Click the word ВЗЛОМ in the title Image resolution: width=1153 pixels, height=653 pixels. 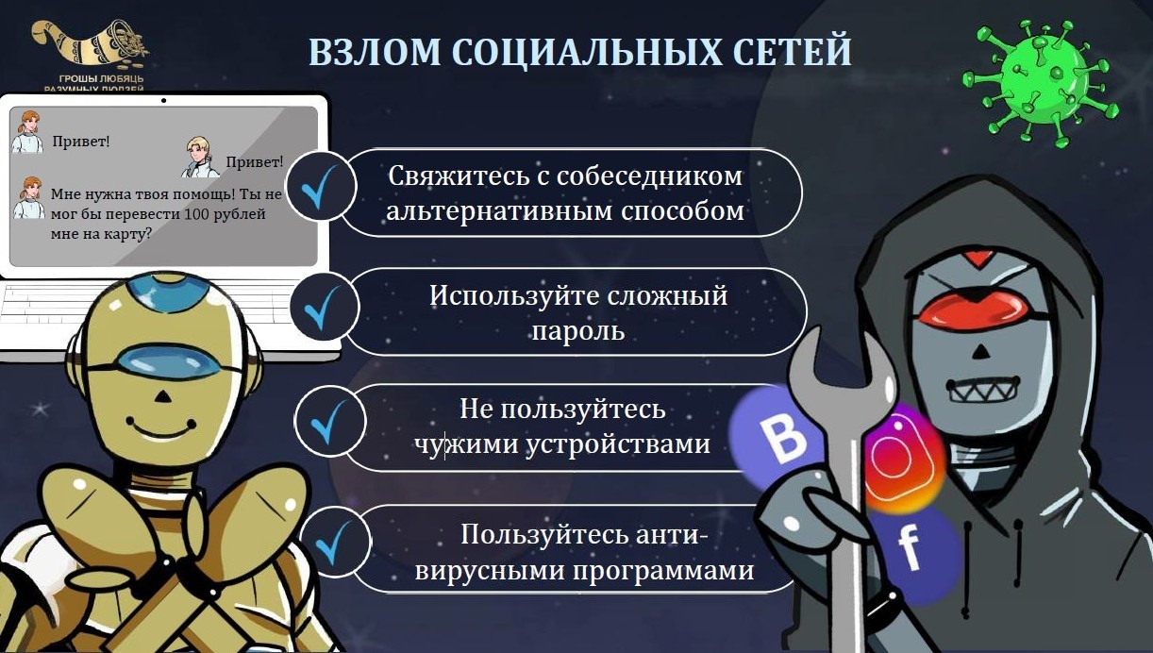[x=376, y=51]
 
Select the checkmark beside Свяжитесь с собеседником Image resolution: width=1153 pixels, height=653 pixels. [x=320, y=188]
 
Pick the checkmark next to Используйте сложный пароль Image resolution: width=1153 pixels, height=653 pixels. [x=323, y=308]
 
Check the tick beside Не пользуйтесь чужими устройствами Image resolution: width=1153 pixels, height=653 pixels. [x=330, y=423]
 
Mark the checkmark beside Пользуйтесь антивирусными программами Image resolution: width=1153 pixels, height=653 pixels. [x=335, y=543]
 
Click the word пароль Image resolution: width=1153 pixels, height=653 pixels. [x=578, y=331]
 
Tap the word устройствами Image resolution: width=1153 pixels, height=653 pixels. [x=618, y=444]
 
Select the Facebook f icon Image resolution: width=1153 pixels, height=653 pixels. [x=911, y=552]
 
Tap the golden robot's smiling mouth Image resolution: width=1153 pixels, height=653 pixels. [x=161, y=428]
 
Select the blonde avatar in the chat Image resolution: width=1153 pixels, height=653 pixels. [x=200, y=157]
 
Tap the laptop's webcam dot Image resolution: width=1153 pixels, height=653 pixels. [x=163, y=100]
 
